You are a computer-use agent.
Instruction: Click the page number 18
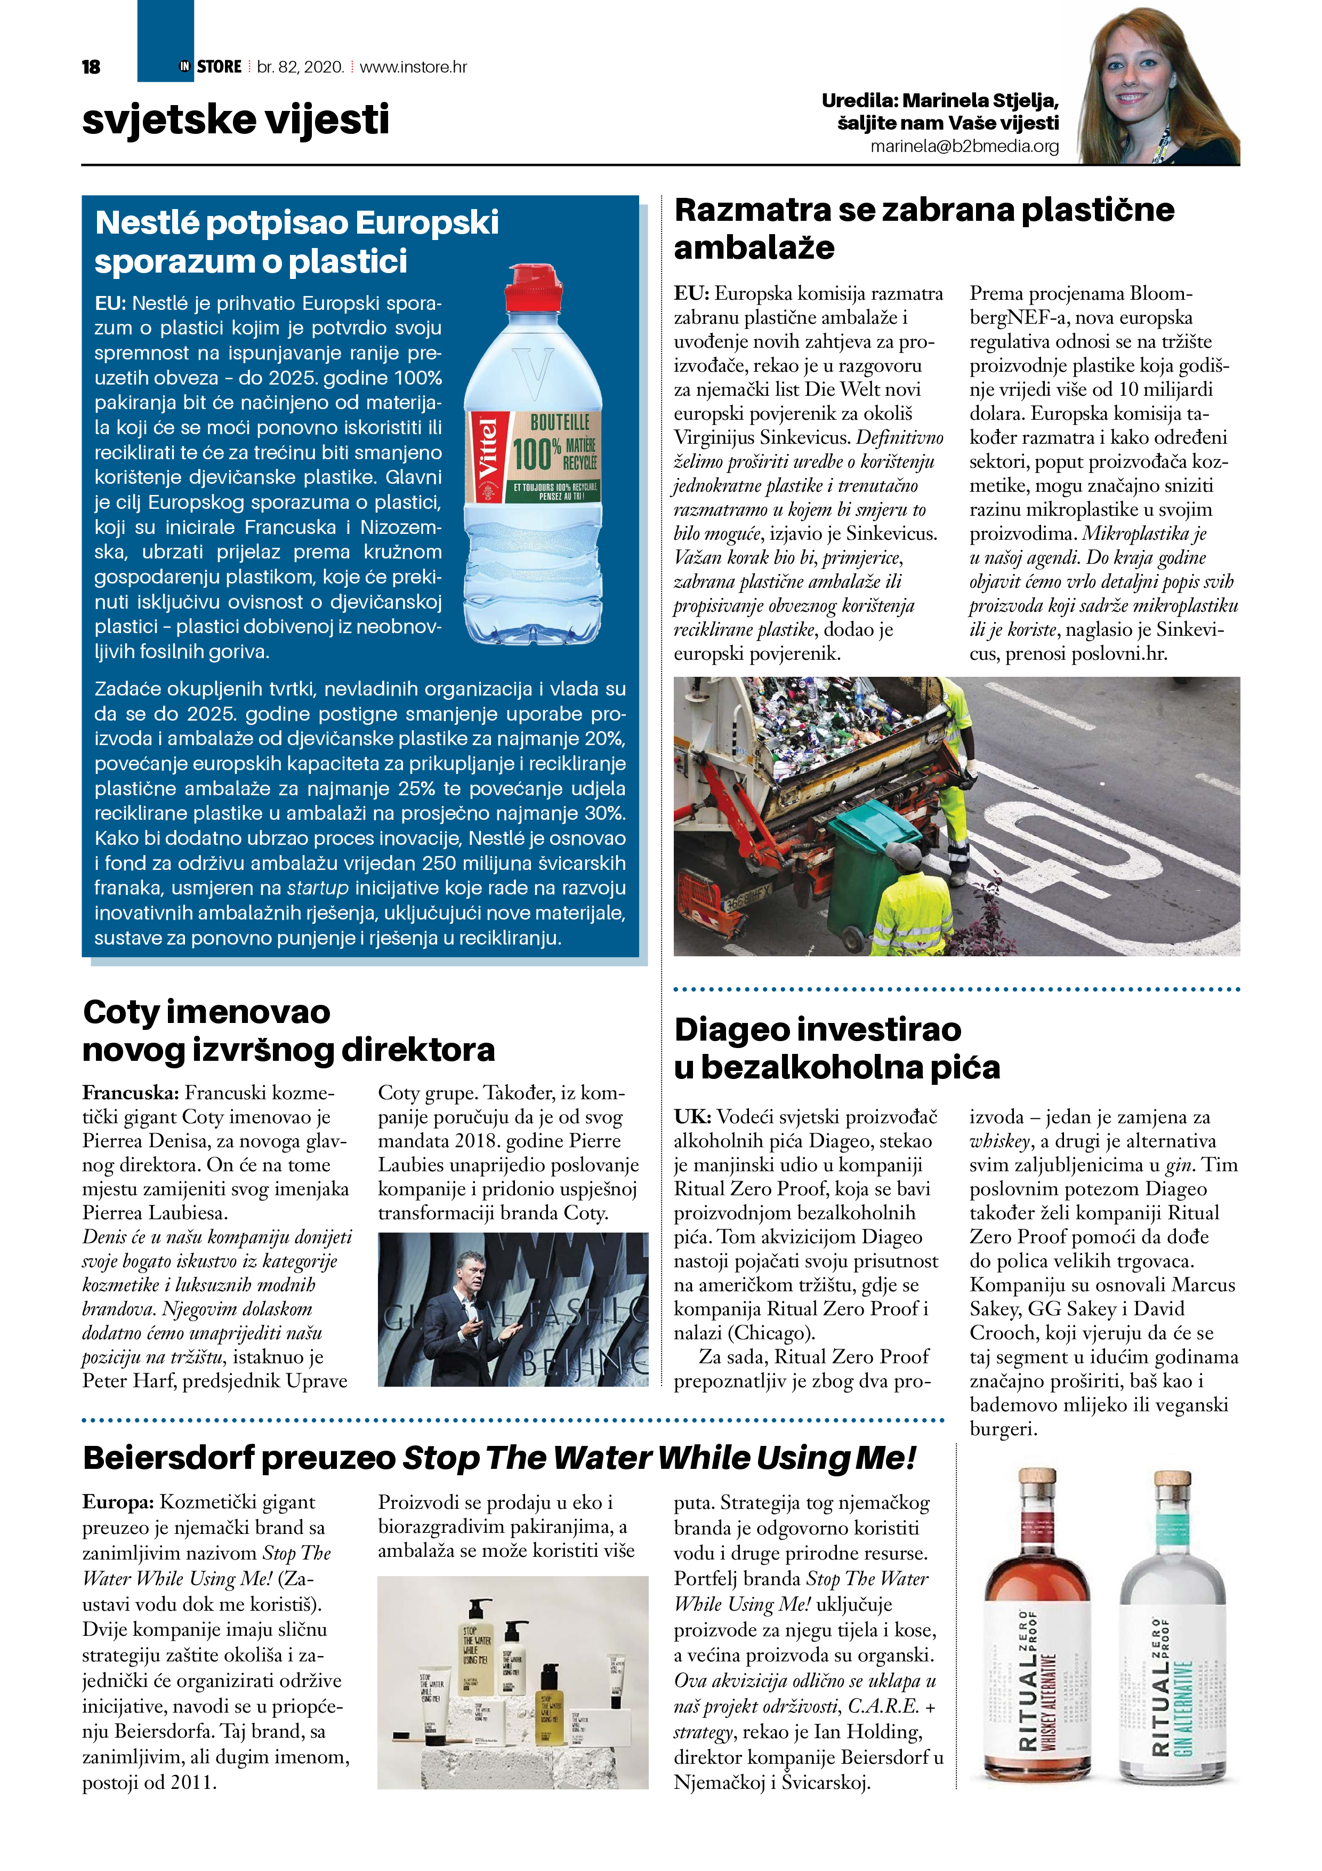coord(91,67)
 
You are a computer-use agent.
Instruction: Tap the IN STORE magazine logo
coord(211,67)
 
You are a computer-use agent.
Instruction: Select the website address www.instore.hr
coord(413,67)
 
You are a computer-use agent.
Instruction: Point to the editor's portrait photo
coord(1158,85)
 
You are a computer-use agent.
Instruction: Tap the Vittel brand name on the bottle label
coord(487,447)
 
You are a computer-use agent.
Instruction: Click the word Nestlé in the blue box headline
coord(148,222)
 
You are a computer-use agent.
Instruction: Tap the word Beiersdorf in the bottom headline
coord(168,1458)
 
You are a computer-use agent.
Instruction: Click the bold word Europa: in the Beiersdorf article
coord(117,1502)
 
